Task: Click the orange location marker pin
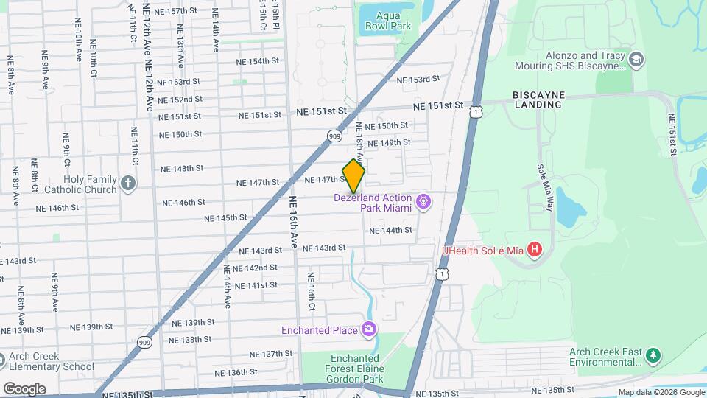tap(353, 175)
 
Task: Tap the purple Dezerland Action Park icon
tap(423, 201)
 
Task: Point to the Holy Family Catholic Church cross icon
tap(128, 184)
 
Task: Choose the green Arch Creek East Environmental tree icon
tap(653, 357)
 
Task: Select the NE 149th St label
tap(388, 142)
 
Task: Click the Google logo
tap(24, 388)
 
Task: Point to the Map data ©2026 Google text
tap(661, 392)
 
